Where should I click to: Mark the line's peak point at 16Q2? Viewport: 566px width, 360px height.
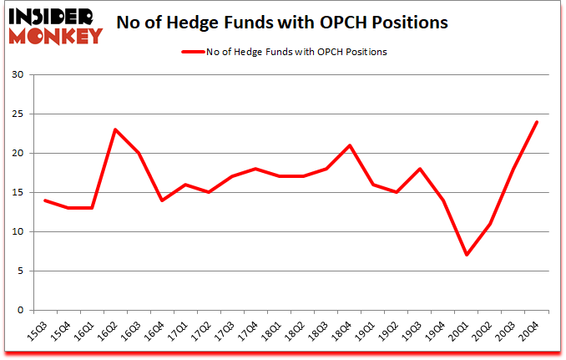pos(115,129)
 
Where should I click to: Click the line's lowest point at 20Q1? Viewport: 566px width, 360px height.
pos(467,255)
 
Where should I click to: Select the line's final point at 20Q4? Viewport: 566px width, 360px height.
pos(537,122)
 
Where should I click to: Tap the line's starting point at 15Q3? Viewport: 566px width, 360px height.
pos(45,200)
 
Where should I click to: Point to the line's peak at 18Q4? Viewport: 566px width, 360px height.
pos(349,145)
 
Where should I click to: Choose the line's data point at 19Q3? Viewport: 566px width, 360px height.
pos(420,169)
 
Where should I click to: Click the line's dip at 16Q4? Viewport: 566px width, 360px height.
pos(162,200)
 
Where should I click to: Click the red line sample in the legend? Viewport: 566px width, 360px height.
pos(193,52)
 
